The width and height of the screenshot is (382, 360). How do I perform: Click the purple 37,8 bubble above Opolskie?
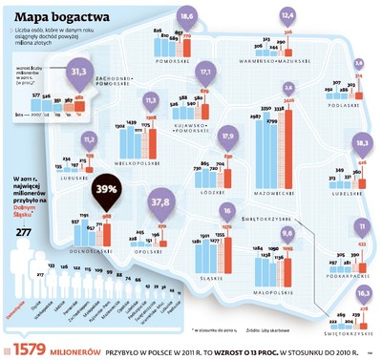coord(161,202)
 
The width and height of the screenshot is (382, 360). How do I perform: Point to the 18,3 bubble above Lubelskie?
coord(361,142)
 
